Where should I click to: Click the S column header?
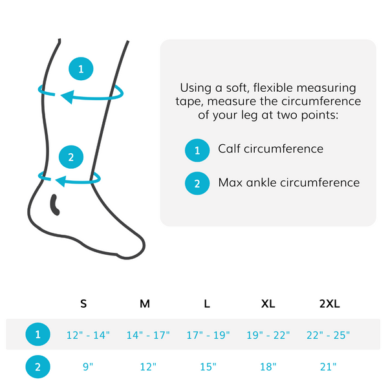(x=83, y=303)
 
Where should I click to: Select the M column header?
(x=144, y=303)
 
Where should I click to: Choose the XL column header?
(x=267, y=303)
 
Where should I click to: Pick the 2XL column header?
(x=329, y=303)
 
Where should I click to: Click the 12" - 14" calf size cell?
(x=89, y=335)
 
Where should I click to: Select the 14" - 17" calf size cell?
(x=148, y=335)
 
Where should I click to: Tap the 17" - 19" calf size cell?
(x=208, y=335)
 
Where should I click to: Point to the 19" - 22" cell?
(x=268, y=335)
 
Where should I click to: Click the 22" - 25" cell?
(x=329, y=335)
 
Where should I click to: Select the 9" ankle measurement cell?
(x=88, y=367)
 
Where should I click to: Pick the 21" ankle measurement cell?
(x=329, y=367)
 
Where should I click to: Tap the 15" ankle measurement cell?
(x=208, y=367)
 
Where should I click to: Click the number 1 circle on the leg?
(x=81, y=69)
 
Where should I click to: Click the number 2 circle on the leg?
(x=71, y=156)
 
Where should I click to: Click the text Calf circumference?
(x=270, y=149)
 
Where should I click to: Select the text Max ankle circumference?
(x=288, y=182)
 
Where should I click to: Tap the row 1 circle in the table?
(x=38, y=335)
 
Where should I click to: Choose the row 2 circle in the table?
(x=38, y=367)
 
